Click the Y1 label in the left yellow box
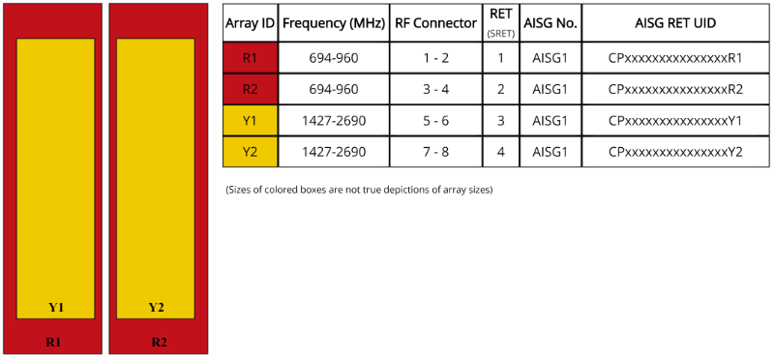coord(56,308)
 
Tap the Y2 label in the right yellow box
coord(156,308)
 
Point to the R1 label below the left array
coord(53,342)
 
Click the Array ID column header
coord(250,23)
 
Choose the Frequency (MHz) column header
coord(334,23)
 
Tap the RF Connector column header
coord(436,23)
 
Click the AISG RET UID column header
coord(675,23)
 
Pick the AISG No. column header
coord(551,23)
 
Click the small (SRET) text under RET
coord(501,34)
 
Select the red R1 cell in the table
coord(251,58)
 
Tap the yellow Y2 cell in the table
coord(251,152)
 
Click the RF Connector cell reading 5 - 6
coord(436,121)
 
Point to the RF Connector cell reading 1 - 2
coord(436,58)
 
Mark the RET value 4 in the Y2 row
coord(501,152)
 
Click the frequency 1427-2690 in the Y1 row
coord(334,121)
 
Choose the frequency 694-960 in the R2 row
coord(334,89)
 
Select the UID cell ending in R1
coord(675,58)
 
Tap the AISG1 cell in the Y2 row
coord(551,152)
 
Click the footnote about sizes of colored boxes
coord(359,190)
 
